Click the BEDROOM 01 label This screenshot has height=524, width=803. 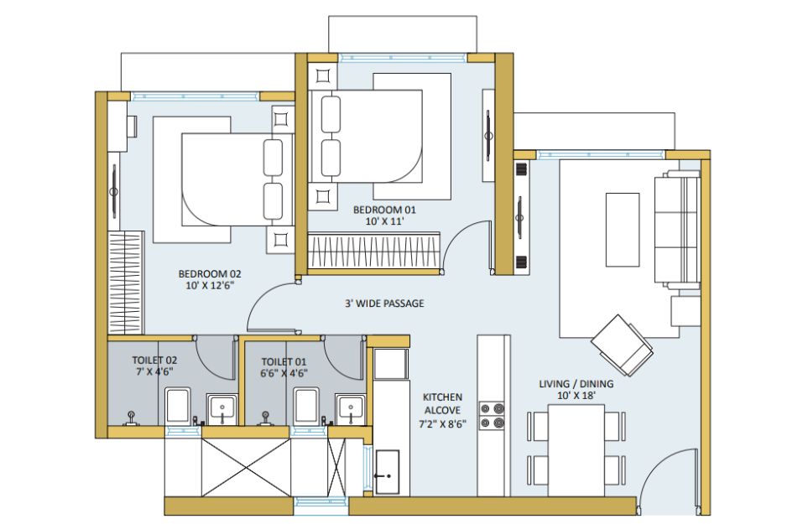(x=384, y=210)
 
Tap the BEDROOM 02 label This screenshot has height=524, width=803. (x=210, y=274)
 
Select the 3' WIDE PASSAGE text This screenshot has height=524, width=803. (x=384, y=304)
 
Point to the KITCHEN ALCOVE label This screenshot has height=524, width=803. (x=442, y=403)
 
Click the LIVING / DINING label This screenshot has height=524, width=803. (x=576, y=384)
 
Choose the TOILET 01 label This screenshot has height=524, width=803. (x=284, y=361)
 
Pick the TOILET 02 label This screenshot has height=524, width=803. (x=154, y=361)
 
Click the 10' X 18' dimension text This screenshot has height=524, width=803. (x=576, y=396)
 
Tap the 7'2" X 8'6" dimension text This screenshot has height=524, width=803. (x=442, y=423)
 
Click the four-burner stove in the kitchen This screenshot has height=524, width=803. (x=493, y=416)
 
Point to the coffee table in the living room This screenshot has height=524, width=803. (x=623, y=230)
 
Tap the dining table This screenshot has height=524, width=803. (x=576, y=450)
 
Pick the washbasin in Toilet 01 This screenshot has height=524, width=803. (x=351, y=409)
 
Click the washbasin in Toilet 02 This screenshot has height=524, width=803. (x=222, y=409)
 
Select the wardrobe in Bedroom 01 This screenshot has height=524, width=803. (x=374, y=251)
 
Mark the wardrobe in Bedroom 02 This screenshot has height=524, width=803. (x=126, y=283)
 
